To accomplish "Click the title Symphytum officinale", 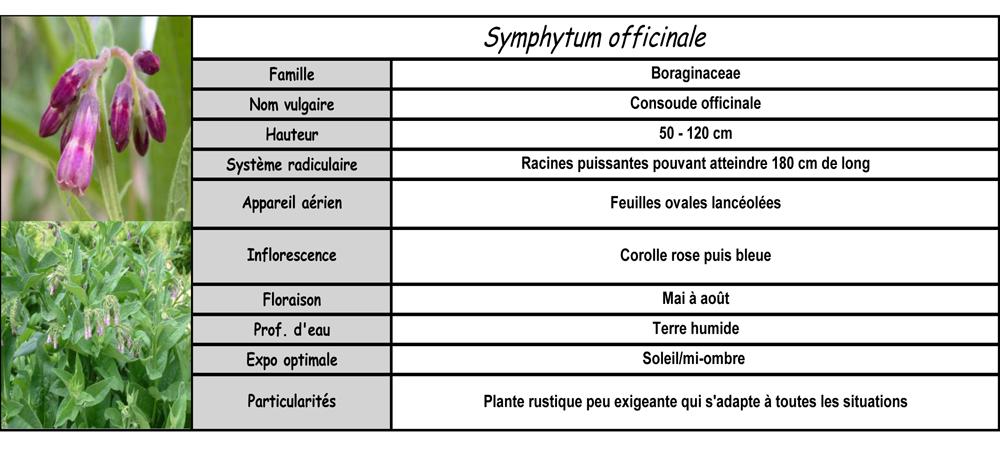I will (595, 38).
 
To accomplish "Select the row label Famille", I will (292, 74).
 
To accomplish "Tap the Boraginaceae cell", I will (695, 73).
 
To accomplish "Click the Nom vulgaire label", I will (292, 104).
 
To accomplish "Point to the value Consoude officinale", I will (695, 103).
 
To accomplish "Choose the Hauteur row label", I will (292, 134).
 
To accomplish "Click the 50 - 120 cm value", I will (695, 133).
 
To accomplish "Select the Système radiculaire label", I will (292, 164).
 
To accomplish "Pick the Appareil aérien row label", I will (292, 203).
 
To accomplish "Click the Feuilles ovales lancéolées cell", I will (695, 203).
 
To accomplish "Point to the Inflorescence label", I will (292, 255).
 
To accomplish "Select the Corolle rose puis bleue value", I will (695, 255).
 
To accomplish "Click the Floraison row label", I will (292, 299).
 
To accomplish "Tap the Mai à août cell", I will (695, 298).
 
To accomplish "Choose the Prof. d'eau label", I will (292, 329).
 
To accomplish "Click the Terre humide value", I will (695, 328).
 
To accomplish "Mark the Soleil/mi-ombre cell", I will (695, 358).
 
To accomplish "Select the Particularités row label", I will (292, 401).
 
